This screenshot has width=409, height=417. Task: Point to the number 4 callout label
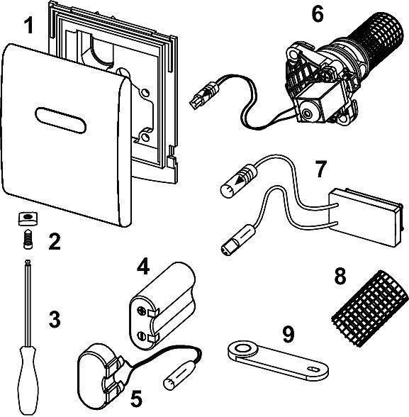coord(144,267)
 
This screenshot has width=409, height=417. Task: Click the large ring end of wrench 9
coord(243,349)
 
